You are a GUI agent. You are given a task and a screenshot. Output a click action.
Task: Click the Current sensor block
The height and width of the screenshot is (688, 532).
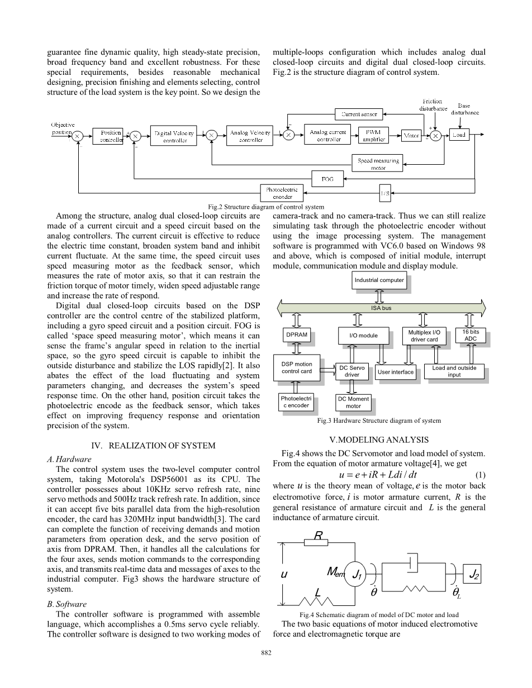360,114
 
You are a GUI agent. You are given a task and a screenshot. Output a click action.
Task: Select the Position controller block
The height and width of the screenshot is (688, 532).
111,136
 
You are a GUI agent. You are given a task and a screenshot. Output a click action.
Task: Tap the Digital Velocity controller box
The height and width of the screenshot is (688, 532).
174,136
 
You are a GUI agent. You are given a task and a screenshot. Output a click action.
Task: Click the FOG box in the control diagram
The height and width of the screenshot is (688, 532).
328,179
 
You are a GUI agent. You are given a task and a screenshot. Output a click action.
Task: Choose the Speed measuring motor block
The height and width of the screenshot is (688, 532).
378,163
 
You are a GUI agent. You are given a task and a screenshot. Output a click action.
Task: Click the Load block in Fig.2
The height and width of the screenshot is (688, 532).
459,135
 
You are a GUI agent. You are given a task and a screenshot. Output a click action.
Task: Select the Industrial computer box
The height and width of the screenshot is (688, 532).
379,280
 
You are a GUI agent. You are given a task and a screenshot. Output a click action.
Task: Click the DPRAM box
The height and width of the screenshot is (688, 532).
296,335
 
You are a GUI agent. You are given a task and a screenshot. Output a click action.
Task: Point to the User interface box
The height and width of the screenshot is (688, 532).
395,372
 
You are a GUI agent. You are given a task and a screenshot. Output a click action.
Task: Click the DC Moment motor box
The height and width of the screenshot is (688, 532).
353,402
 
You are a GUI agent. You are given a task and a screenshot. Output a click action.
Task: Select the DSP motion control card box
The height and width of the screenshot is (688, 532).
297,367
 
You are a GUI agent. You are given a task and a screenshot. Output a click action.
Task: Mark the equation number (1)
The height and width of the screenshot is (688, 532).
479,475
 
